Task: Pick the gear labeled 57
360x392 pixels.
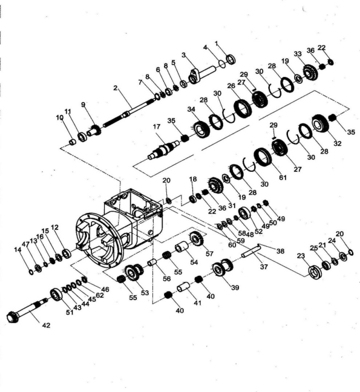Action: click(195, 240)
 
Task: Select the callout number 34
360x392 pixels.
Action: click(191, 109)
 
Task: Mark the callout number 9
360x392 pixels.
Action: click(83, 103)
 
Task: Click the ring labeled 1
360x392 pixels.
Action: click(229, 60)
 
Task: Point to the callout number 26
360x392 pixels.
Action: click(231, 87)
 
